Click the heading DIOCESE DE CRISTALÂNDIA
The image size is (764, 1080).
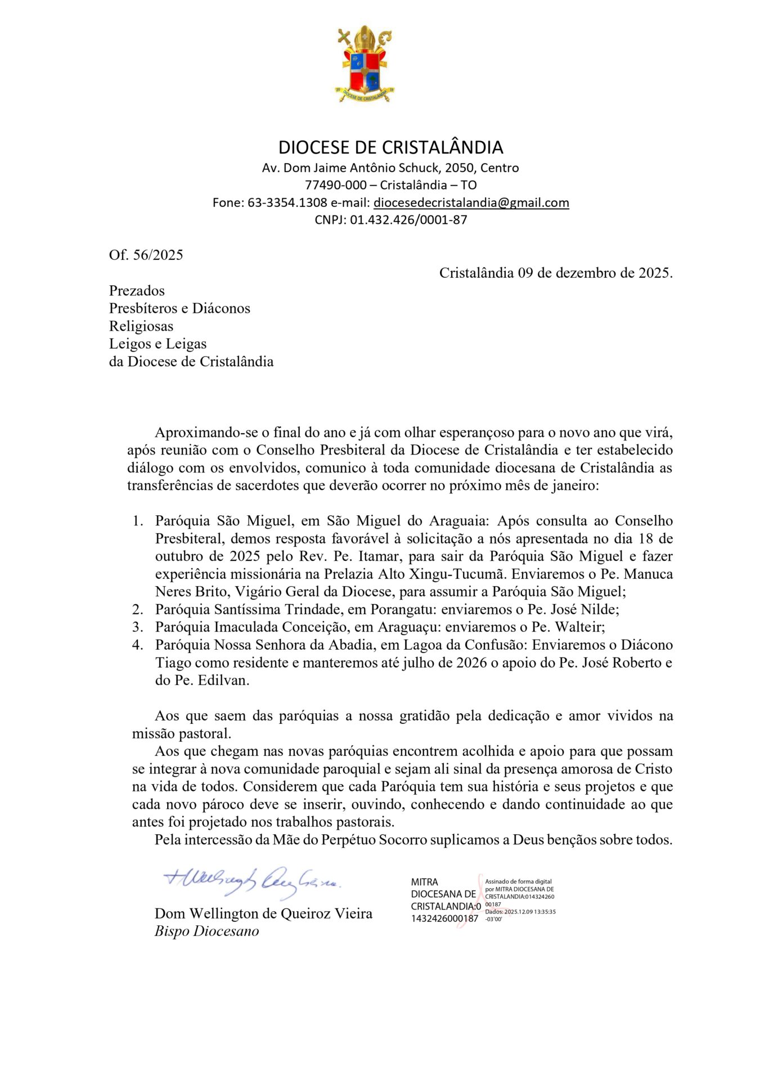pos(390,147)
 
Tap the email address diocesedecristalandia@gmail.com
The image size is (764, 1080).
pos(471,202)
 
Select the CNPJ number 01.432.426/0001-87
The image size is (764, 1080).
pos(408,220)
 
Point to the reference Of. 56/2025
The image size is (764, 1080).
pos(146,255)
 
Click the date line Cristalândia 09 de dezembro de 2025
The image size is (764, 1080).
pos(555,273)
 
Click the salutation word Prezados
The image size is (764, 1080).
pos(137,291)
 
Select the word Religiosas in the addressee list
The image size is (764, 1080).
pos(141,326)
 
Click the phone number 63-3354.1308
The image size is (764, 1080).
pos(287,202)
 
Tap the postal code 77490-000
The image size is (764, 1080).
pos(340,185)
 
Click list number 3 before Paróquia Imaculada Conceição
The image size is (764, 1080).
pos(137,627)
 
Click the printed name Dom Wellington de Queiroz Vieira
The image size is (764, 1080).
pos(263,913)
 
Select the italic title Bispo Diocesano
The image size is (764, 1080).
pos(206,931)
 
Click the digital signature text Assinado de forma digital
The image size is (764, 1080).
pos(518,881)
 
